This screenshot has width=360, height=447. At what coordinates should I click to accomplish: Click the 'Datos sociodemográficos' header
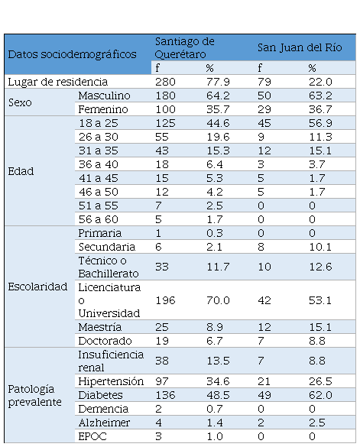click(x=72, y=54)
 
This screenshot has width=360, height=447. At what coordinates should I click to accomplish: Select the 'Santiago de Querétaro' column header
click(x=184, y=47)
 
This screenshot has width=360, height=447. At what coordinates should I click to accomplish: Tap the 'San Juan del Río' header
click(x=300, y=47)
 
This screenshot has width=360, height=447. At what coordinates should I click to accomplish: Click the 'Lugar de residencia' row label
click(x=58, y=82)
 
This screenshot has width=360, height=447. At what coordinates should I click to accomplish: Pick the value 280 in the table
click(x=165, y=82)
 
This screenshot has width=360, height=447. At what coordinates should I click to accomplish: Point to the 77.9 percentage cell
click(x=218, y=82)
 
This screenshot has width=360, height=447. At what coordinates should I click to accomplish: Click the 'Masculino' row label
click(x=104, y=96)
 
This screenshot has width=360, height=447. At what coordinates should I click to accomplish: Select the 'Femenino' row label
click(x=103, y=109)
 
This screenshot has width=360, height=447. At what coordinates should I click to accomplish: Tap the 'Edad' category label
click(x=21, y=171)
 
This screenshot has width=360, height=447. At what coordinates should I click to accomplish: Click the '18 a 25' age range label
click(x=99, y=123)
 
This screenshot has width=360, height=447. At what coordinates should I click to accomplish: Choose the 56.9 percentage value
click(x=320, y=123)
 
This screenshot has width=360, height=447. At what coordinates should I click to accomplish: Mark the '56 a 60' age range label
click(x=99, y=219)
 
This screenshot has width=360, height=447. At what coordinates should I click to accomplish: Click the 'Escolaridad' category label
click(x=37, y=287)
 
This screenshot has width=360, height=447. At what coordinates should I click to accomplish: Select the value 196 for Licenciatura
click(x=165, y=300)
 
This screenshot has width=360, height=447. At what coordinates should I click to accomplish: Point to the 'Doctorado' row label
click(x=105, y=341)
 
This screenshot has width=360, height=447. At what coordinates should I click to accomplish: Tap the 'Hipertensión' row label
click(x=111, y=381)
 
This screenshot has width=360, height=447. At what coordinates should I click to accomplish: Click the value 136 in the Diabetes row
click(x=165, y=395)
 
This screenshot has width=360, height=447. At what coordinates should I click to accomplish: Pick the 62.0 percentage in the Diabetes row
click(x=320, y=395)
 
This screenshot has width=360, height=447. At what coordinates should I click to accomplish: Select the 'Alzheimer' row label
click(x=104, y=423)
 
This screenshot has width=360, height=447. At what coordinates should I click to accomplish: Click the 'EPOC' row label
click(x=92, y=436)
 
